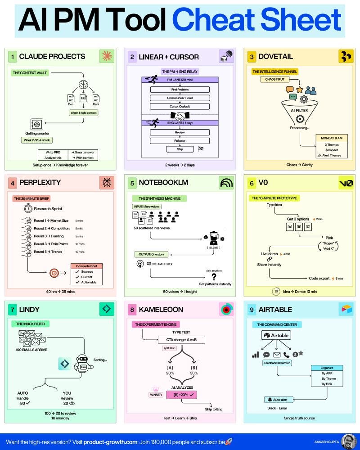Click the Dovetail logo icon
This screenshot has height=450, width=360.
click(x=346, y=57)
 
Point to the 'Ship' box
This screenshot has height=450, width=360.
click(x=180, y=149)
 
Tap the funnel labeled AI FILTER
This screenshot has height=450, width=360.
click(x=298, y=112)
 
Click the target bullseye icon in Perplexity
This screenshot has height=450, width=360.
click(x=54, y=273)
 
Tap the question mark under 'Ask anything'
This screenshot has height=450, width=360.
click(x=213, y=277)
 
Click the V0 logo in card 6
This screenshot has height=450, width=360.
click(x=346, y=183)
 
